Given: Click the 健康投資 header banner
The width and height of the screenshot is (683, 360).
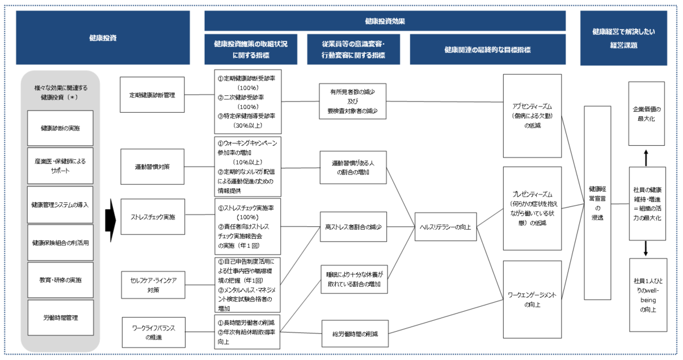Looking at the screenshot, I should tap(103, 38).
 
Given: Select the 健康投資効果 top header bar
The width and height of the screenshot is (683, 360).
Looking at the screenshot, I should tap(385, 20).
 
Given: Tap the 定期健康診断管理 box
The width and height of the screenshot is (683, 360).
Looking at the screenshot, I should tap(152, 95).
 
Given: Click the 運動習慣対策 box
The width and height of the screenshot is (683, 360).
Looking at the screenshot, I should tap(152, 167).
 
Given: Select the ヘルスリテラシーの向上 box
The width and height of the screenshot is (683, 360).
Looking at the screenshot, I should tap(445, 226).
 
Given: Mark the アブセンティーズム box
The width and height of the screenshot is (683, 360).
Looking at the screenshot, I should tap(532, 116).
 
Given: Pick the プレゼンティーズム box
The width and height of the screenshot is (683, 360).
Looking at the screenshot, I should tap(532, 208).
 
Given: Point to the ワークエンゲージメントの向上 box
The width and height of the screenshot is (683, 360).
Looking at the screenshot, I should tap(532, 299).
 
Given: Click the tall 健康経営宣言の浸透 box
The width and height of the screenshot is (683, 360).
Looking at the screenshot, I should tap(597, 202).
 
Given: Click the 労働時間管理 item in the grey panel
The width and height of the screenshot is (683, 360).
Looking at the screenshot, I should tap(61, 317).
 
